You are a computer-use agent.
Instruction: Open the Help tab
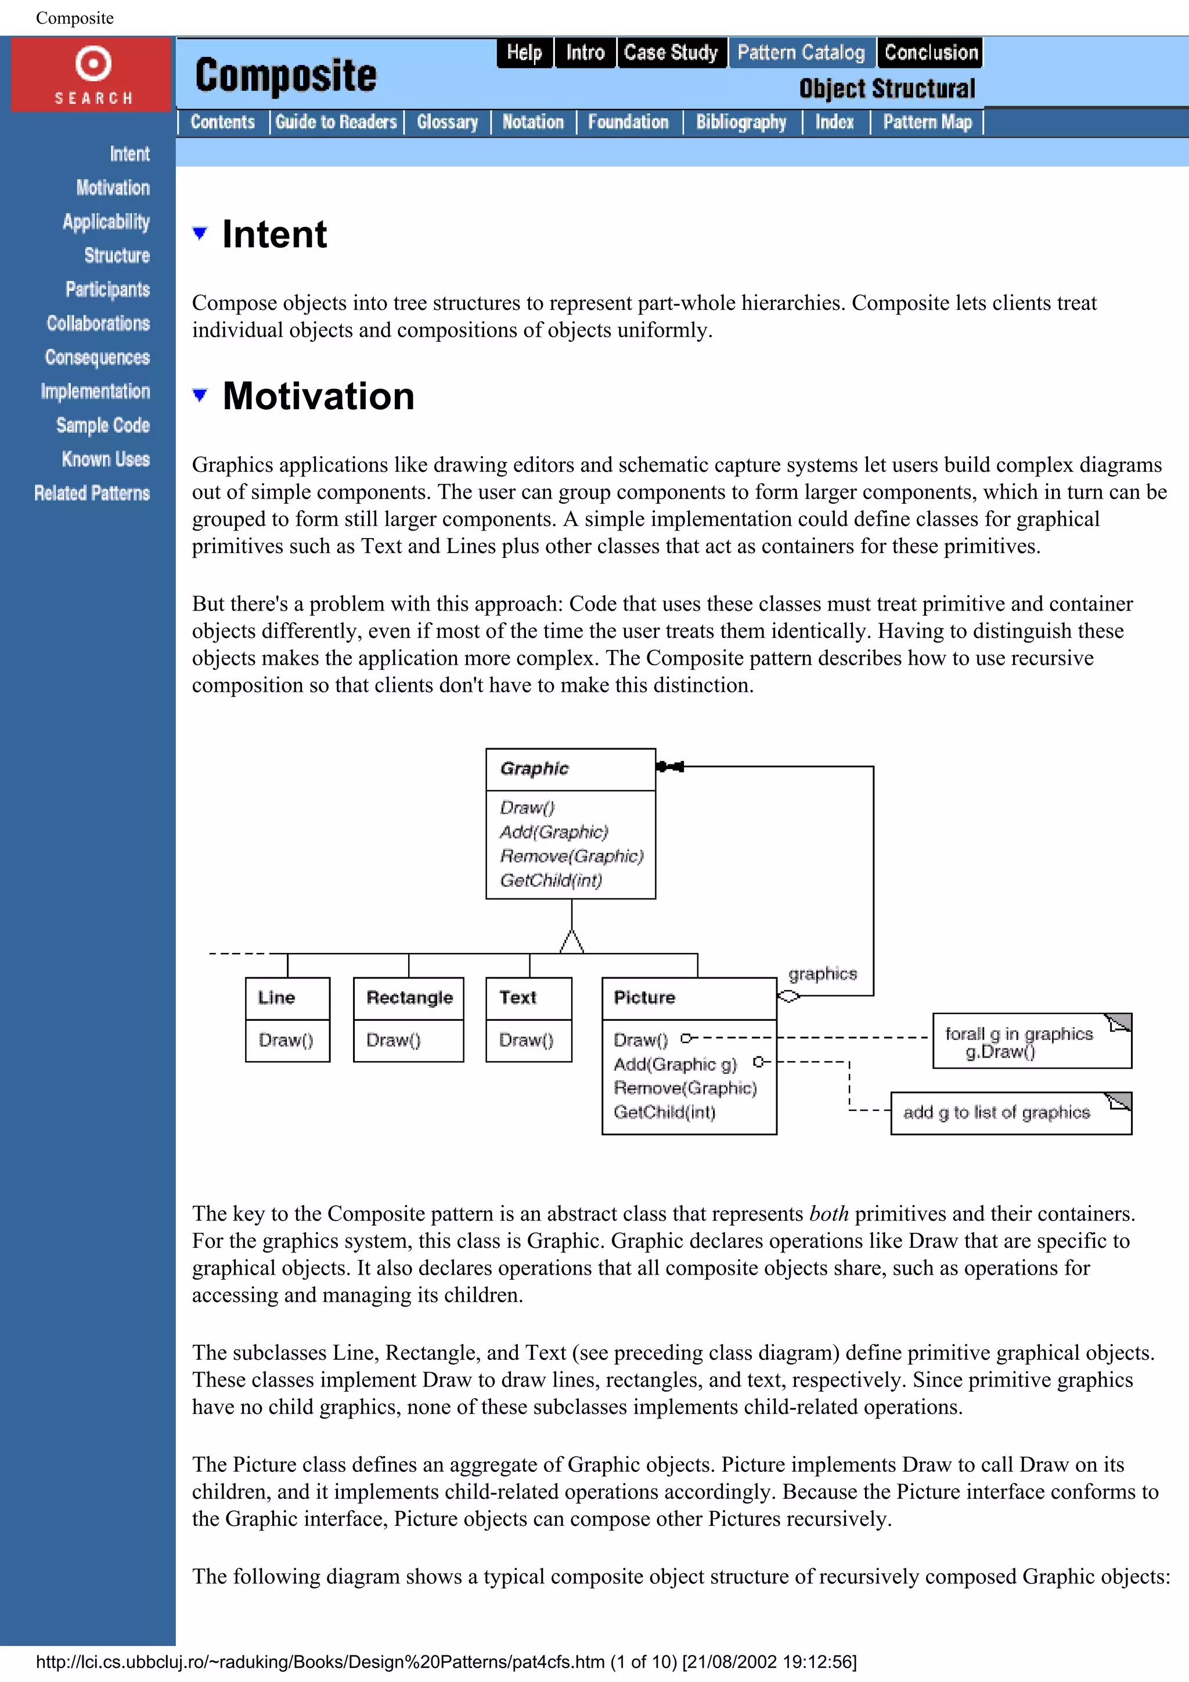tap(524, 53)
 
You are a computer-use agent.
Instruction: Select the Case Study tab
tap(671, 53)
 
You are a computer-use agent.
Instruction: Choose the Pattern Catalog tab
tap(801, 53)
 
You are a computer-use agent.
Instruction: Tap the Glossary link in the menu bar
tap(447, 122)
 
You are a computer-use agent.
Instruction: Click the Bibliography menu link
tap(741, 122)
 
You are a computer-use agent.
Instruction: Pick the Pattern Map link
tap(927, 122)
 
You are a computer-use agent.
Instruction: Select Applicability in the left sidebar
tap(106, 222)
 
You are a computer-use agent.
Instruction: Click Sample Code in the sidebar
tap(103, 425)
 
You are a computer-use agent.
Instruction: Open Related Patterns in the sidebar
tap(92, 493)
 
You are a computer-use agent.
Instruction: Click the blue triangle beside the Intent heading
tap(199, 234)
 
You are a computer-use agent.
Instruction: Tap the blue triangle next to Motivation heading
tap(199, 396)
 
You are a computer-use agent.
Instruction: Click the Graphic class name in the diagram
tap(534, 768)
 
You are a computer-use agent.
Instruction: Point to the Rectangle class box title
tap(409, 998)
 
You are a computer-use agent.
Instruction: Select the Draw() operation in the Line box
tap(286, 1040)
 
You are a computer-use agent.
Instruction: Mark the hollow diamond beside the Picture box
tap(788, 997)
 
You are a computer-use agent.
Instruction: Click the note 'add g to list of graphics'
tap(996, 1113)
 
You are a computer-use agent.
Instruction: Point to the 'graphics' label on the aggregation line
tap(823, 973)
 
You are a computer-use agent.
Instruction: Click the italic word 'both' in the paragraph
tap(828, 1214)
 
